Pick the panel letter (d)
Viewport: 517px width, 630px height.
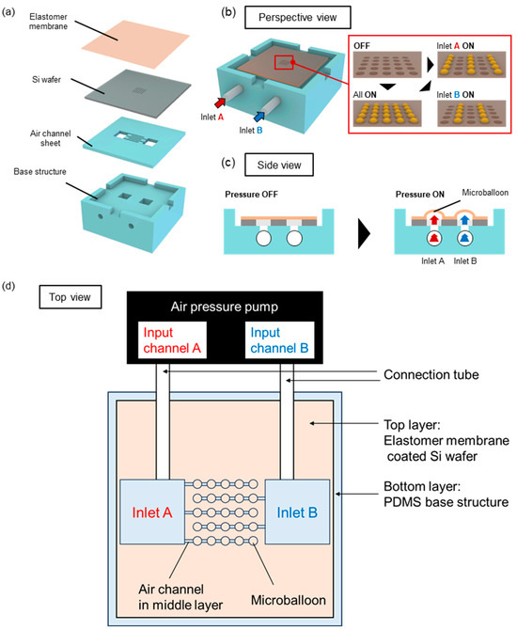12,282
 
